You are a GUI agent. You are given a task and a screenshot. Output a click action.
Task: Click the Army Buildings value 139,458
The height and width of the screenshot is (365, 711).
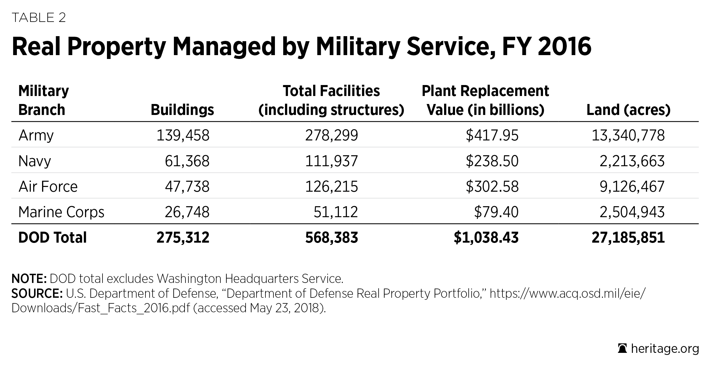(183, 135)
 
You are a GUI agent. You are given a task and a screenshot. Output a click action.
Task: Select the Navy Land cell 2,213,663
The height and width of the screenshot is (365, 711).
(632, 161)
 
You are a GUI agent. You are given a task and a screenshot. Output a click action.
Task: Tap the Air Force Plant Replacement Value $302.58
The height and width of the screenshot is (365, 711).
(492, 187)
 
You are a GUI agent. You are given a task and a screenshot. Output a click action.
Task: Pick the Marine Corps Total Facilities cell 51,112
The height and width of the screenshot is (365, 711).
(336, 212)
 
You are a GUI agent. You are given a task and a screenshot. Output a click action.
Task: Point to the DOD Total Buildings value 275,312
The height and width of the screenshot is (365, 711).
(183, 238)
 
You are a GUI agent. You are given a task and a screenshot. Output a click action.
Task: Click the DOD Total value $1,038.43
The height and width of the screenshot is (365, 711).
(486, 238)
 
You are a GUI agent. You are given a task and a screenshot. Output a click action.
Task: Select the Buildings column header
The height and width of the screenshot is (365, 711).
(182, 110)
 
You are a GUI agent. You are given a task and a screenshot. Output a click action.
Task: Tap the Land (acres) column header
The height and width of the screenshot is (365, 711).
(628, 110)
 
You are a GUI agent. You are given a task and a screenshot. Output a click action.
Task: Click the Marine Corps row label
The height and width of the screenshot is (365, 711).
(61, 212)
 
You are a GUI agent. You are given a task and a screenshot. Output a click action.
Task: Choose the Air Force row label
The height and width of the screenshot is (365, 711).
(48, 187)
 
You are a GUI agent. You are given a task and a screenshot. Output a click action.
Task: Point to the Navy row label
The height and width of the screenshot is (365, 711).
(35, 161)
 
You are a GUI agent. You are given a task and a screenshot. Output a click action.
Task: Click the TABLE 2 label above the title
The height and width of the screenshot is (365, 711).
(39, 18)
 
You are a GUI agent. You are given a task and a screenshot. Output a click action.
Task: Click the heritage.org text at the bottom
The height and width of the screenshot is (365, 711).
(665, 349)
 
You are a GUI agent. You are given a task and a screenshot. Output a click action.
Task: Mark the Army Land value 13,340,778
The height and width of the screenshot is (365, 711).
(628, 135)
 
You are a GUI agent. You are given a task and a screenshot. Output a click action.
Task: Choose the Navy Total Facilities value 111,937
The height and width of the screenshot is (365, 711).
(332, 161)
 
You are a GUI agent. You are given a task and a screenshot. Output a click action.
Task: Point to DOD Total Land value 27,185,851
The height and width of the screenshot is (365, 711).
(628, 238)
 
